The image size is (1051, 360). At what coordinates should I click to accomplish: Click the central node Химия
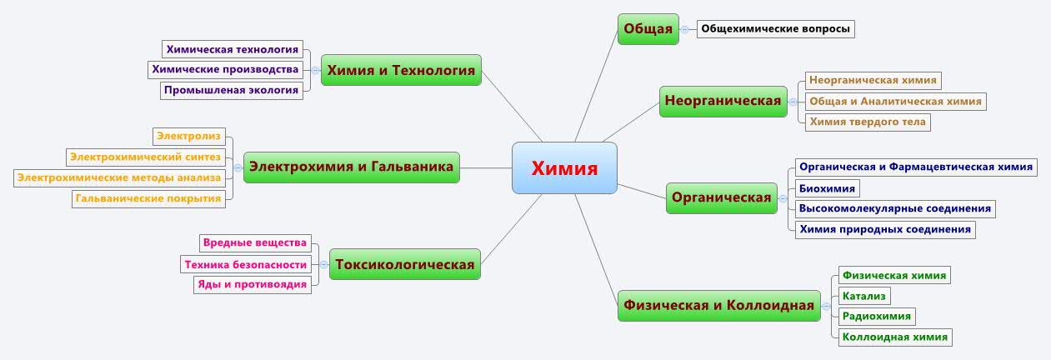click(x=564, y=168)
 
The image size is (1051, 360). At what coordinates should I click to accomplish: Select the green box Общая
click(x=648, y=29)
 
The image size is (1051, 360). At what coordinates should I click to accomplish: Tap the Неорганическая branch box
click(x=723, y=102)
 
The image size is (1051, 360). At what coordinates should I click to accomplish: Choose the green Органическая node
click(x=722, y=198)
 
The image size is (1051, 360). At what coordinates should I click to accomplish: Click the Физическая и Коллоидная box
click(x=718, y=306)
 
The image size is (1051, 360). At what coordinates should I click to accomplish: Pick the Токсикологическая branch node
click(x=405, y=264)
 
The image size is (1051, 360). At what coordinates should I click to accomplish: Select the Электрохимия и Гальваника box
click(x=352, y=167)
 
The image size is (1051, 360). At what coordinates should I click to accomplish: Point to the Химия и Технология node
click(x=401, y=70)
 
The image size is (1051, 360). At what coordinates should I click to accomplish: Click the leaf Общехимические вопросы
click(x=776, y=29)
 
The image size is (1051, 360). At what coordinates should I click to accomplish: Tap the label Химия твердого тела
click(x=868, y=122)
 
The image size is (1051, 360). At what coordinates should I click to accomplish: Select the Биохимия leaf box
click(x=827, y=188)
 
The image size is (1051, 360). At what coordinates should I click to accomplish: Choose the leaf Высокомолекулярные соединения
click(x=895, y=208)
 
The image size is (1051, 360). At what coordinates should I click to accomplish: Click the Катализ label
click(x=864, y=296)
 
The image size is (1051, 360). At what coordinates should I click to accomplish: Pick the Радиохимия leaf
click(x=877, y=317)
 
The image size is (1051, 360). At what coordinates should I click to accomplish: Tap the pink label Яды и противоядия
click(x=253, y=285)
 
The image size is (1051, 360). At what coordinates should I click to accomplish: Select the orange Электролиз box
click(x=189, y=137)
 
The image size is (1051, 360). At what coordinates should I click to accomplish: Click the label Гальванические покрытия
click(x=148, y=199)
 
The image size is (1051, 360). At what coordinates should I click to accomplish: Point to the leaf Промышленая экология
click(x=232, y=91)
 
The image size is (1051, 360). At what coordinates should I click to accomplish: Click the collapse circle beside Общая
click(x=685, y=29)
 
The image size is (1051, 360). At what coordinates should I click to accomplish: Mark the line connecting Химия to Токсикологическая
click(x=512, y=229)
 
